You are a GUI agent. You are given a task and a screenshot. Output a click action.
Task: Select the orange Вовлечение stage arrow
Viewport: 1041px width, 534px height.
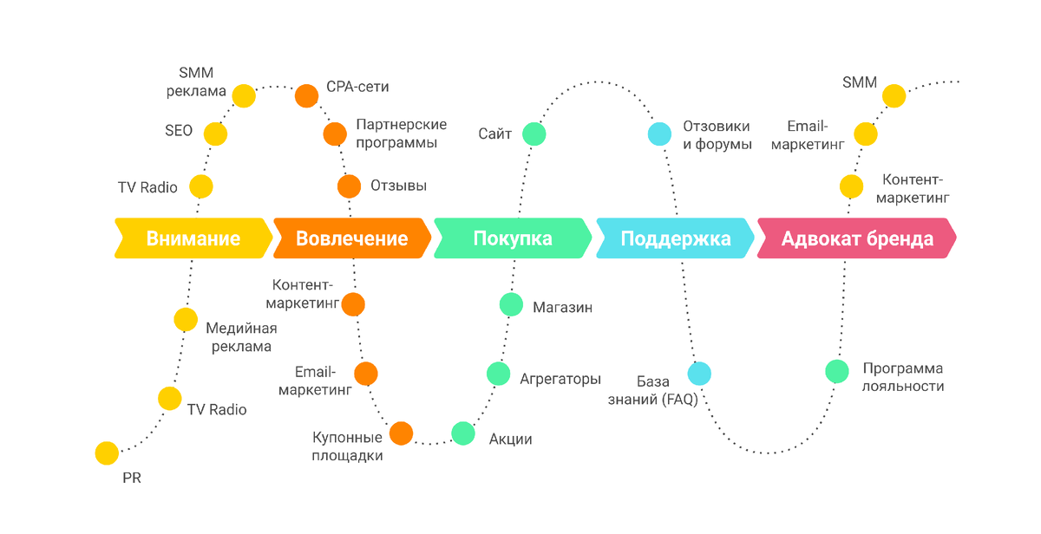(351, 238)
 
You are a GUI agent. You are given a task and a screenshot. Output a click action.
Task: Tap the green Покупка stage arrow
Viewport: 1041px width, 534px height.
(512, 238)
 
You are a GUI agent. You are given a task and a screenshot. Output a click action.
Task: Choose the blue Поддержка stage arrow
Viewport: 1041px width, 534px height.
(675, 238)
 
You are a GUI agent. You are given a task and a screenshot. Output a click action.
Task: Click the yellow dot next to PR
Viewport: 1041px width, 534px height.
(107, 453)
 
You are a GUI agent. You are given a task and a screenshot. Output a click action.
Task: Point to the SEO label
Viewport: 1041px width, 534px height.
(179, 132)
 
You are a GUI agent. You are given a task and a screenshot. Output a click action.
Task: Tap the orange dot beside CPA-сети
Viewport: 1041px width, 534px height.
(306, 95)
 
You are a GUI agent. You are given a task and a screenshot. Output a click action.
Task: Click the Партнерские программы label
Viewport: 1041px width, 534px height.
(401, 133)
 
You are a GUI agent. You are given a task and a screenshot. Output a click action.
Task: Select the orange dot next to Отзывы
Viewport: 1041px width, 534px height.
(349, 186)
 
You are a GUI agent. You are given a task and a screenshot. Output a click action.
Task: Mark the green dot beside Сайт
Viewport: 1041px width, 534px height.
(534, 134)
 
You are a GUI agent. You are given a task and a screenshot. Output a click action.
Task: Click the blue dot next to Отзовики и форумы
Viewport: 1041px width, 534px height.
(660, 134)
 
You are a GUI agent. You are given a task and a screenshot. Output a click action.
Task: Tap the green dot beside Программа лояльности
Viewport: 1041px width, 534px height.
(837, 371)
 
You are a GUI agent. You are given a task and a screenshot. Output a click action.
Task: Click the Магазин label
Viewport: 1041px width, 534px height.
(562, 307)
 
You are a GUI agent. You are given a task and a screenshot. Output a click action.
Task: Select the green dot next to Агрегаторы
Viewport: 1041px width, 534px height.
(498, 374)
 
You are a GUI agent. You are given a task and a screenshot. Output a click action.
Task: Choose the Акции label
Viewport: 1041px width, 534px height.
(510, 439)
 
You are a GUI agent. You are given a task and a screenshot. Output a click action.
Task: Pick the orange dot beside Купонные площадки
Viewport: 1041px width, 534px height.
(401, 433)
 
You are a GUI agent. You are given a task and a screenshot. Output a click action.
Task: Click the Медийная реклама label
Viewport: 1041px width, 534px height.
(240, 337)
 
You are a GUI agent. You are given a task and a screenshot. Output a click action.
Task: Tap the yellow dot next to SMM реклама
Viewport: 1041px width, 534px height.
(244, 95)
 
